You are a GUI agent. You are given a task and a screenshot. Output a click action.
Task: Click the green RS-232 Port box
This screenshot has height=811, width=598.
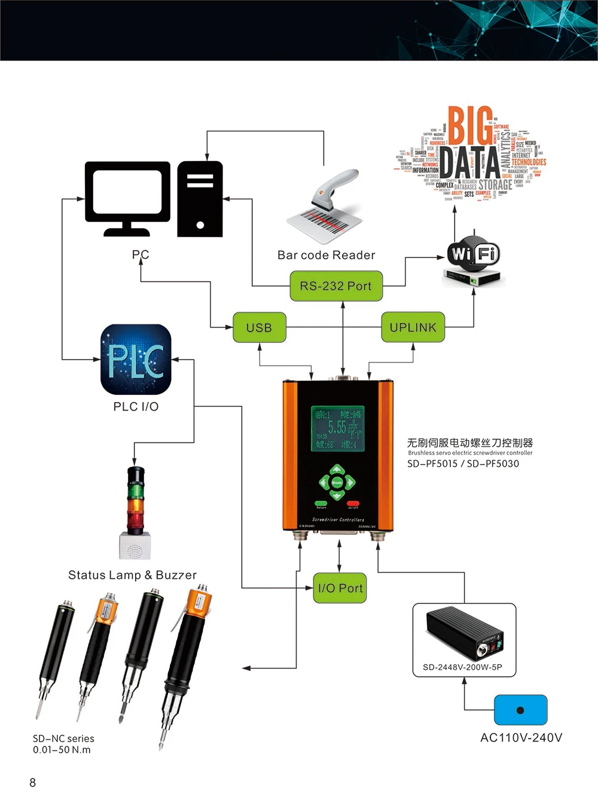pos(335,286)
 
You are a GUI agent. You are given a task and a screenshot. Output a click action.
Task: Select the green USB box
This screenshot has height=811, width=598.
pos(259,327)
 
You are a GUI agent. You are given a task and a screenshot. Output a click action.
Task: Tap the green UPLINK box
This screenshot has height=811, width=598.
pos(413,327)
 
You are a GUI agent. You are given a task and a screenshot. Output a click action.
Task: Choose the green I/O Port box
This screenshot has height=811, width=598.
pos(340,588)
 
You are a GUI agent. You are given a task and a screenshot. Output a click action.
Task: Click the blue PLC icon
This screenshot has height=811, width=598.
pos(136,359)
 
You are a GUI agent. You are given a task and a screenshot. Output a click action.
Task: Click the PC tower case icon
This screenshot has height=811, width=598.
pos(200,199)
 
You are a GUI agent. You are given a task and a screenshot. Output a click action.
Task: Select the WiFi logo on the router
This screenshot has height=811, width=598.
pos(473,254)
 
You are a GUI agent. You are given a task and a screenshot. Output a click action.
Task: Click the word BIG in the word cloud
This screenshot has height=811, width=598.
pos(470,125)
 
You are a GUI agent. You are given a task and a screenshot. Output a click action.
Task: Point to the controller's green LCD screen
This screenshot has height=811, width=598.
pos(337,429)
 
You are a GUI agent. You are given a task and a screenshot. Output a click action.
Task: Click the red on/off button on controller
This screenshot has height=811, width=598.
pos(353,503)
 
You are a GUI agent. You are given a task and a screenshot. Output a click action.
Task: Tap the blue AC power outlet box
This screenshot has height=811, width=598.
pos(520,710)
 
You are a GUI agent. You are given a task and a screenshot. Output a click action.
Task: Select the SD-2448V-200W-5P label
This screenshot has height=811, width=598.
pos(462,667)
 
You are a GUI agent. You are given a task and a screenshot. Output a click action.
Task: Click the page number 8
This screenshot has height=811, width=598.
pos(33,782)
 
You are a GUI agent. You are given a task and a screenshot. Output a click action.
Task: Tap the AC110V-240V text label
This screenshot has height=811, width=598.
pos(521,737)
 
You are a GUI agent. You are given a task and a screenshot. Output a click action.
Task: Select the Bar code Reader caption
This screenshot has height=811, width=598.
pos(326,255)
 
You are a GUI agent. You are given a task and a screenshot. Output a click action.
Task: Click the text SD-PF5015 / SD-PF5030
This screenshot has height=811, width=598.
pos(463,463)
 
